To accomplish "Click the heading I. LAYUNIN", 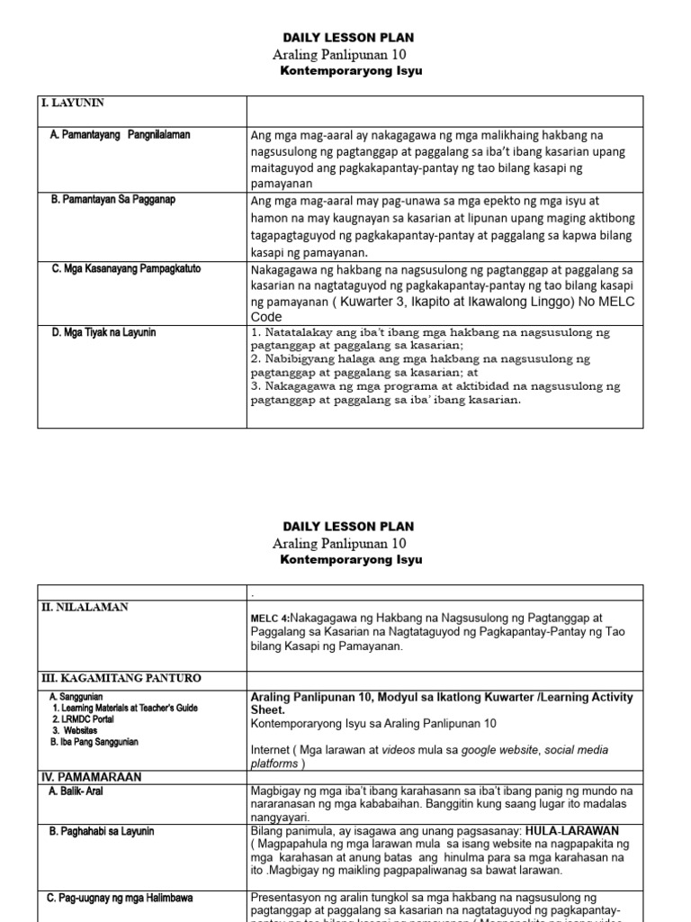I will click(68, 104).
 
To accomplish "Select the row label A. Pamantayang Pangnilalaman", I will click(121, 134).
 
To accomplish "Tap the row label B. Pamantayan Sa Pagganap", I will click(113, 199).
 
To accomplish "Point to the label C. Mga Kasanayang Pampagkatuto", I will click(126, 267).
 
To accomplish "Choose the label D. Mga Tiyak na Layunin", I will click(103, 332).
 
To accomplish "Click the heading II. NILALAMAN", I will click(85, 608).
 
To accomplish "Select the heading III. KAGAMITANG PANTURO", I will click(118, 677).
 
